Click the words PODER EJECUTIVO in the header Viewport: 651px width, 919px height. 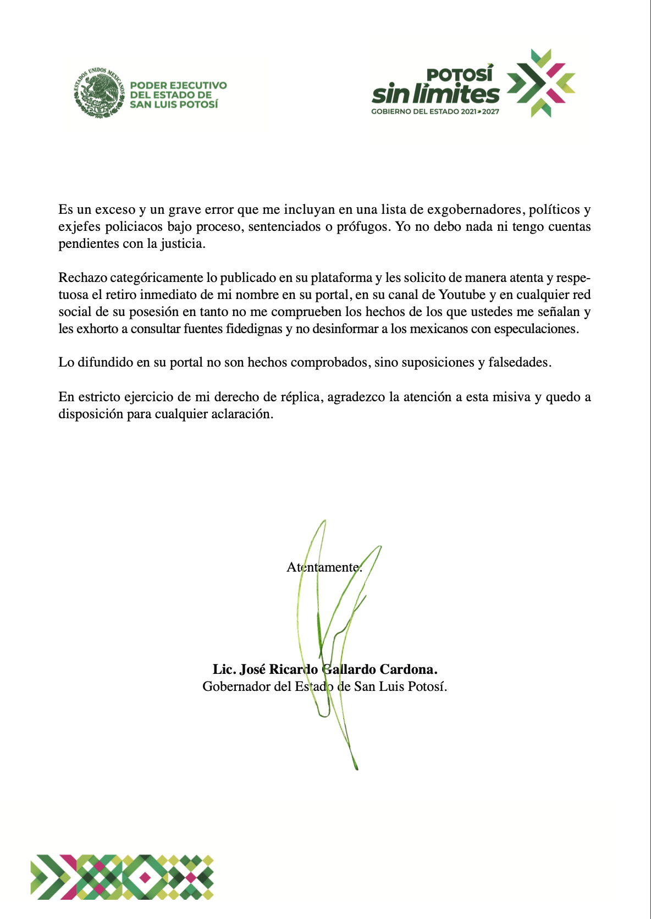click(178, 86)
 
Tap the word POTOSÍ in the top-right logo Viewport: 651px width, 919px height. click(460, 75)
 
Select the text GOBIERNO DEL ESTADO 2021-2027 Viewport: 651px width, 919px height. click(435, 112)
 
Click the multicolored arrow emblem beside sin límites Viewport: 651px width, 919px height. click(540, 83)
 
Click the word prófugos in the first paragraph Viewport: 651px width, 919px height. click(362, 226)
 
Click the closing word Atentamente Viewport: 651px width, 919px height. click(324, 567)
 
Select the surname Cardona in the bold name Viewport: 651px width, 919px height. click(414, 669)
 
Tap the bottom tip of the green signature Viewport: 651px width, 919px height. click(357, 768)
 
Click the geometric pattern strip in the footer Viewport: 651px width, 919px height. click(122, 877)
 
